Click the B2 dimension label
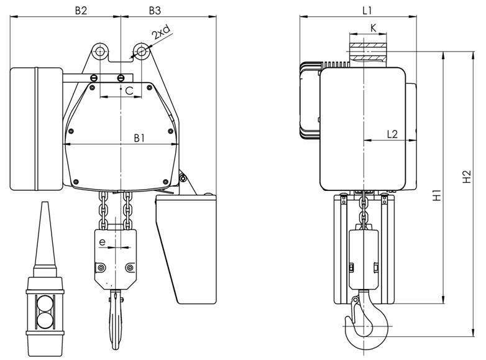(x=81, y=11)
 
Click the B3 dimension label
(x=155, y=11)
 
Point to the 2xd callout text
(x=161, y=32)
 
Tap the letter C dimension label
(x=129, y=91)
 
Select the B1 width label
(x=139, y=138)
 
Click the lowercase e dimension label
(x=103, y=242)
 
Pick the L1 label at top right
(x=367, y=11)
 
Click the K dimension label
(x=373, y=28)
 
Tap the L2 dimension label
(x=392, y=134)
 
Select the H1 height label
(x=437, y=195)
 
